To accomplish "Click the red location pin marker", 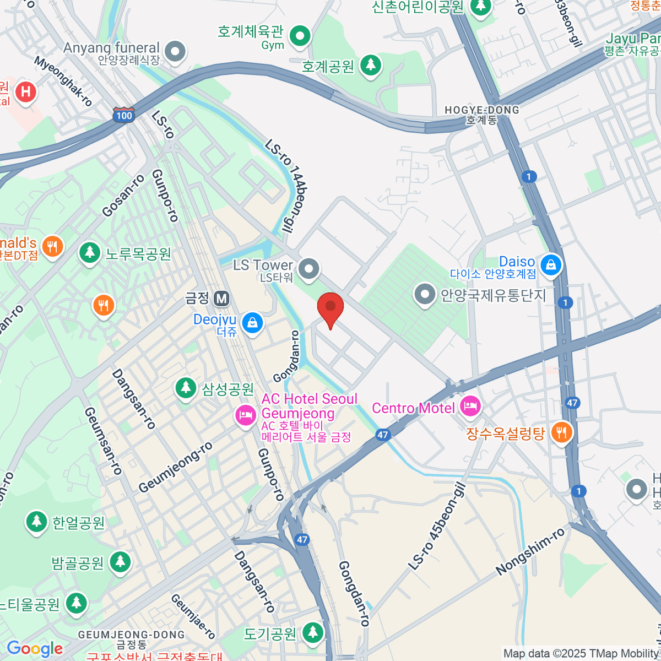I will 330,307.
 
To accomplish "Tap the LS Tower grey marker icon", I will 308,269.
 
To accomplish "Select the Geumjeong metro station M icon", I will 221,299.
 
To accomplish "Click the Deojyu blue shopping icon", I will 252,323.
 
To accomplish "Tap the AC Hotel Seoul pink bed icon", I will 246,414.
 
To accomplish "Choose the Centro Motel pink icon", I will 470,407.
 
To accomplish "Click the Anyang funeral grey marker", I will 176,52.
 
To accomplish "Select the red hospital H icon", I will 25,91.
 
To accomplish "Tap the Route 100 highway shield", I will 124,115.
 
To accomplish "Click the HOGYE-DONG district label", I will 481,111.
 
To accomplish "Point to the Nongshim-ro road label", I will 530,551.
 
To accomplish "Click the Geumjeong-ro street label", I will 175,468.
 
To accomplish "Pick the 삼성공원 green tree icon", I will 186,388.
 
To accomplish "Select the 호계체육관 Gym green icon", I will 300,36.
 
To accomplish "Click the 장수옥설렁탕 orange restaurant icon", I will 561,432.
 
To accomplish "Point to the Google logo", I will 35,648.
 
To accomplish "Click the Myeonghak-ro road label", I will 63,80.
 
